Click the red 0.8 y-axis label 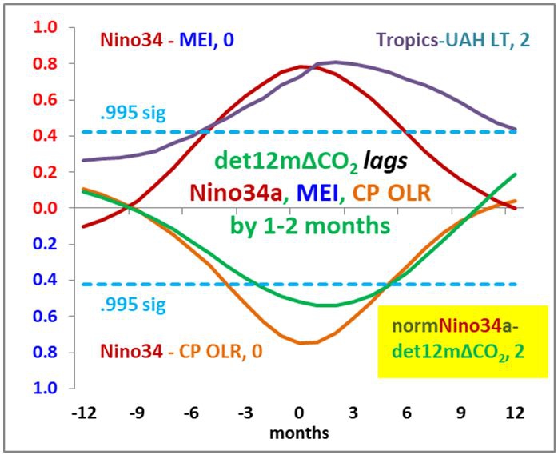47,63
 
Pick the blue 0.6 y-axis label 47,316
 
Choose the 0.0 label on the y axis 47,208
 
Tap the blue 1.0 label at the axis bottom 47,389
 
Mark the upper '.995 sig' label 134,113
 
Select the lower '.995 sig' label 134,304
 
